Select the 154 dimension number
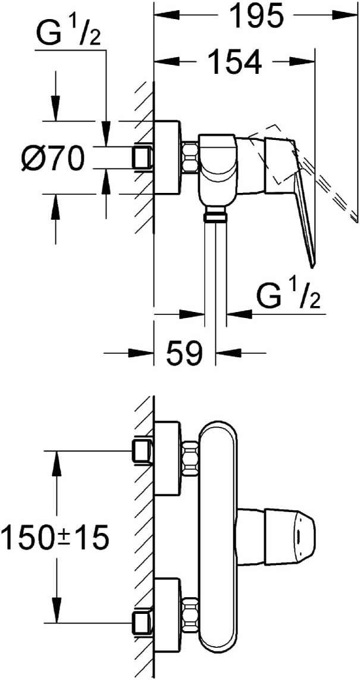[x=235, y=61]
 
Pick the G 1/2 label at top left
[x=69, y=36]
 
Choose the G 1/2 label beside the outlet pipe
[x=288, y=296]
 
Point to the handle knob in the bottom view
[x=276, y=537]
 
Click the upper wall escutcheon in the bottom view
[x=167, y=458]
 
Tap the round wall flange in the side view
[x=167, y=158]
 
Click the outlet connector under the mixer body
[x=215, y=213]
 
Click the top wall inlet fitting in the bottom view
[x=143, y=451]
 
